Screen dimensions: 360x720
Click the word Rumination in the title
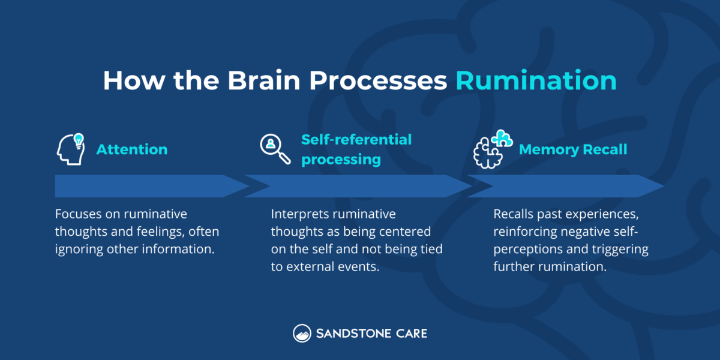536,81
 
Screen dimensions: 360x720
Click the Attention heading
132,149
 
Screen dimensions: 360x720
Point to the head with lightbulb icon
71,149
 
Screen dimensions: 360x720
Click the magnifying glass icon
274,148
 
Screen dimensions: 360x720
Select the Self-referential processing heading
356,149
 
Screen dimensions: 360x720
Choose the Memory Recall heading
573,149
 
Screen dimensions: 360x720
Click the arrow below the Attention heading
150,186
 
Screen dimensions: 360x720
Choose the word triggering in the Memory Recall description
621,249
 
